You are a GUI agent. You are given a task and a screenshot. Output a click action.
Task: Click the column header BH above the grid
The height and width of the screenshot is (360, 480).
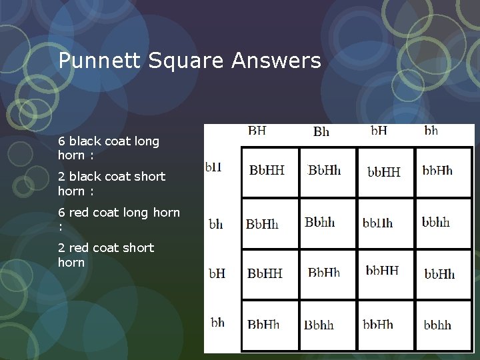(257, 131)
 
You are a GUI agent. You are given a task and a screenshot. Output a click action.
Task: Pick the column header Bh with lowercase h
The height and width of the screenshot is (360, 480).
(321, 131)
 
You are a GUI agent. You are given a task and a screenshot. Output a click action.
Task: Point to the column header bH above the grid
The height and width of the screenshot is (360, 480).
(379, 131)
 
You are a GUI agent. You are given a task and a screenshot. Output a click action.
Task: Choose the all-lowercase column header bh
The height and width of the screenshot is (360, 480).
(431, 131)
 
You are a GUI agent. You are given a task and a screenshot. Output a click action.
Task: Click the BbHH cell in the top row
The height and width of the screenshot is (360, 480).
(267, 170)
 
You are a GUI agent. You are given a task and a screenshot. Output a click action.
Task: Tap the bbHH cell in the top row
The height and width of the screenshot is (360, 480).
(384, 172)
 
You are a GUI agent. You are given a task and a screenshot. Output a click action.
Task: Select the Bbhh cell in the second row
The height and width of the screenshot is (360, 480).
(320, 222)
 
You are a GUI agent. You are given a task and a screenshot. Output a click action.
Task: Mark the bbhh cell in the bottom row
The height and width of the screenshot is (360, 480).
(437, 325)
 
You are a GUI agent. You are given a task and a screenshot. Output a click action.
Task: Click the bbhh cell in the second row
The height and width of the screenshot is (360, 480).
(436, 222)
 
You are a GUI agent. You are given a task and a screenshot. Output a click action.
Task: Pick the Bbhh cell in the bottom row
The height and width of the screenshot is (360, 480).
(319, 325)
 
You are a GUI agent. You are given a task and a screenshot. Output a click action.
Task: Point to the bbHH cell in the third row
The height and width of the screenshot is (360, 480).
(382, 271)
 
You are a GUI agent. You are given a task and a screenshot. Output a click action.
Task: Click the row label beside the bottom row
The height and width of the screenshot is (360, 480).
(217, 323)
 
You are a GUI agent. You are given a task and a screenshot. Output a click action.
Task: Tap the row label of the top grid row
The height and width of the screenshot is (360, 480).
(214, 167)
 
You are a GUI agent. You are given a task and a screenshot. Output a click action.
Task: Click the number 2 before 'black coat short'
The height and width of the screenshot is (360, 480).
(61, 177)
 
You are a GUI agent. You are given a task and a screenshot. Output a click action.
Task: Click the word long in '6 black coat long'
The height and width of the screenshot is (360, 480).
(147, 141)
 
